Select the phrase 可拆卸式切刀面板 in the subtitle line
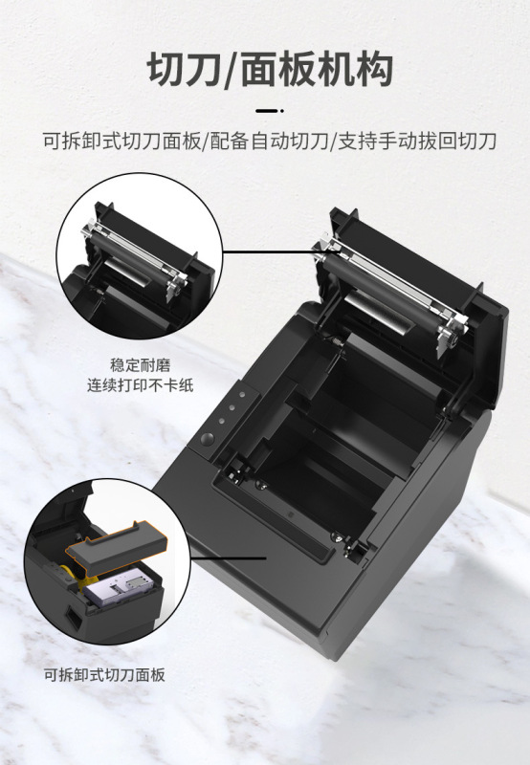coord(121,142)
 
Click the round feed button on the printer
coord(208,439)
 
